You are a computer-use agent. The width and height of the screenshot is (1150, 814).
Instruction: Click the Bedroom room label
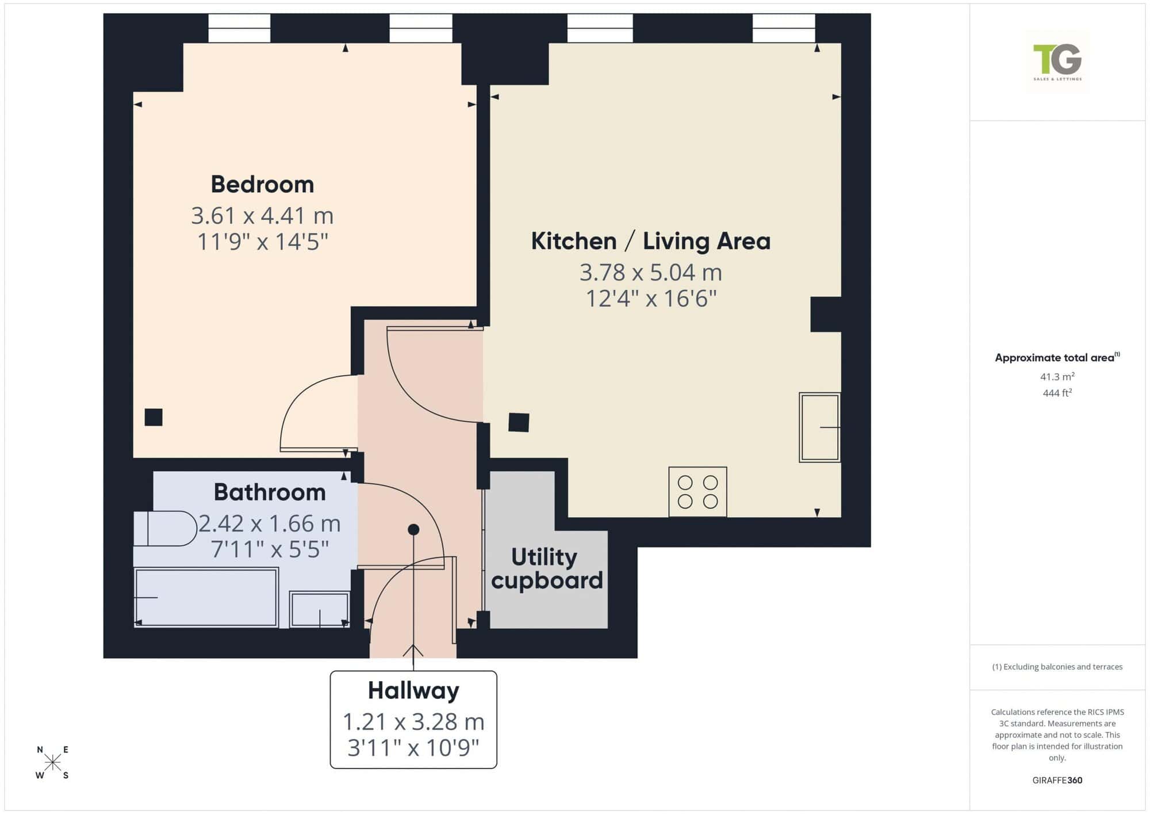point(262,184)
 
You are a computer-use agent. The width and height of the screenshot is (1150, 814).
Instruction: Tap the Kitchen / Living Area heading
point(650,241)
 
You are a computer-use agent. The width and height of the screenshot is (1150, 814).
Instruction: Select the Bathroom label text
point(270,492)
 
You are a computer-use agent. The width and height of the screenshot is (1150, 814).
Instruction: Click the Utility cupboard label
point(547,568)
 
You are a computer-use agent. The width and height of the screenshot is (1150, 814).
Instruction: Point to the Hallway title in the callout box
point(413,691)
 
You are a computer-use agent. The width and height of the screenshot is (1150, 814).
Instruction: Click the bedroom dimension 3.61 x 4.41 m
point(262,216)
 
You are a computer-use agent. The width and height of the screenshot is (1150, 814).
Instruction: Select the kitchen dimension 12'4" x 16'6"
point(651,299)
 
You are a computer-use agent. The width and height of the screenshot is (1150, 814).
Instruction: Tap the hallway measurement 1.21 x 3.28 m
point(413,721)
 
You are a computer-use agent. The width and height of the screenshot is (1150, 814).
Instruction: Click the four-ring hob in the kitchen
point(697,492)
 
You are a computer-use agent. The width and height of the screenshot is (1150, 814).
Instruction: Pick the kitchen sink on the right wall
point(820,427)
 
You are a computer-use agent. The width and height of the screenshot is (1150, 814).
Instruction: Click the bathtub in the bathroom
point(206,597)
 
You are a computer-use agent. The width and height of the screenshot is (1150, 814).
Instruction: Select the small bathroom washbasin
point(320,609)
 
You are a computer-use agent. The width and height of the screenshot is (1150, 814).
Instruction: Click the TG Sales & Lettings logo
point(1057,62)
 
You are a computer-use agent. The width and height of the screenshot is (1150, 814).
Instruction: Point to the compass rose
point(52,763)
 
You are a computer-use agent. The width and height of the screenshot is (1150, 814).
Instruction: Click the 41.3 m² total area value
point(1057,377)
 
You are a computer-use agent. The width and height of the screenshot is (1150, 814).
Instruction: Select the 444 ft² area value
point(1057,393)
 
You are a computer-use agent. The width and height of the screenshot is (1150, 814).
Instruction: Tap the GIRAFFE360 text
point(1057,781)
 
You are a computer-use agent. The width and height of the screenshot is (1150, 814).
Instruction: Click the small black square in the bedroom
point(154,417)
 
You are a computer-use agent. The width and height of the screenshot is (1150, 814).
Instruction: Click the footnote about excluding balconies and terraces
point(1057,667)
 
